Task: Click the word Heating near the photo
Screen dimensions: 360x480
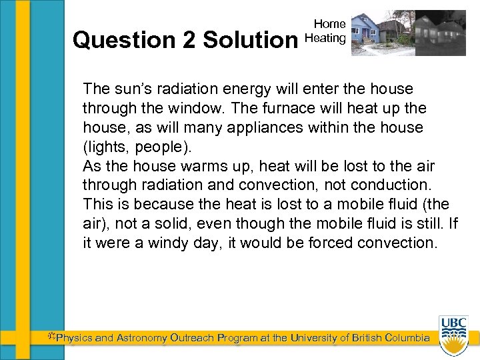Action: [325, 38]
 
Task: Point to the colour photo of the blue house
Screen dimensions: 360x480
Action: [379, 32]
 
